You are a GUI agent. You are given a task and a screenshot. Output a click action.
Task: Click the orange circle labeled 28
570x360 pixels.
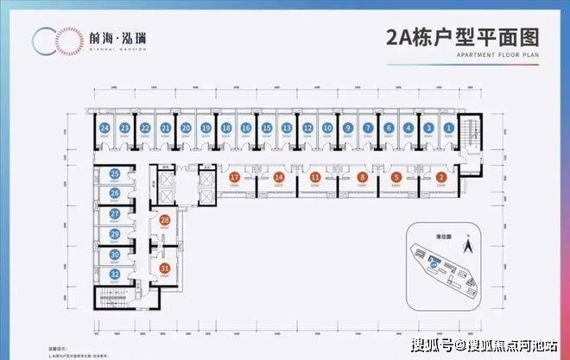pos(164,221)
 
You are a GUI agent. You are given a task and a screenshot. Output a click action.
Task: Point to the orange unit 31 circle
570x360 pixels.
pos(164,268)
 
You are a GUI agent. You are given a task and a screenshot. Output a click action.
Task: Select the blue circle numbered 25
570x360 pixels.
pos(115,174)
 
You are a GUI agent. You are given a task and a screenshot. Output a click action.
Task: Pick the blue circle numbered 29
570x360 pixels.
pos(115,233)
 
